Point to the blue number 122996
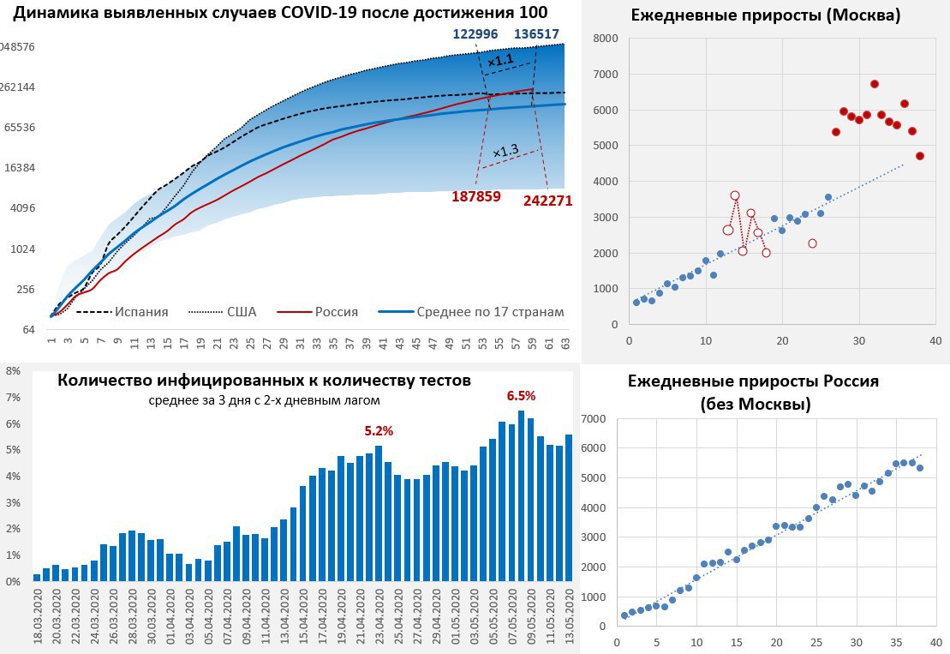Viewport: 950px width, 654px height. (477, 33)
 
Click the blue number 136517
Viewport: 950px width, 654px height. (537, 33)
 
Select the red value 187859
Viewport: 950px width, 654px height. (476, 196)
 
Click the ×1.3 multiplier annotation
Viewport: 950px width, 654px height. (505, 150)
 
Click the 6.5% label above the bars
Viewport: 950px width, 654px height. (521, 396)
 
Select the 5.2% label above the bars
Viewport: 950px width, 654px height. (379, 431)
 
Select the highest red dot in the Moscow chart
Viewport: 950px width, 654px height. (875, 84)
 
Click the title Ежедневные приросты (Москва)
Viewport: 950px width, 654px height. (765, 15)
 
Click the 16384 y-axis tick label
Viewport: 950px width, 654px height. (17, 167)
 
